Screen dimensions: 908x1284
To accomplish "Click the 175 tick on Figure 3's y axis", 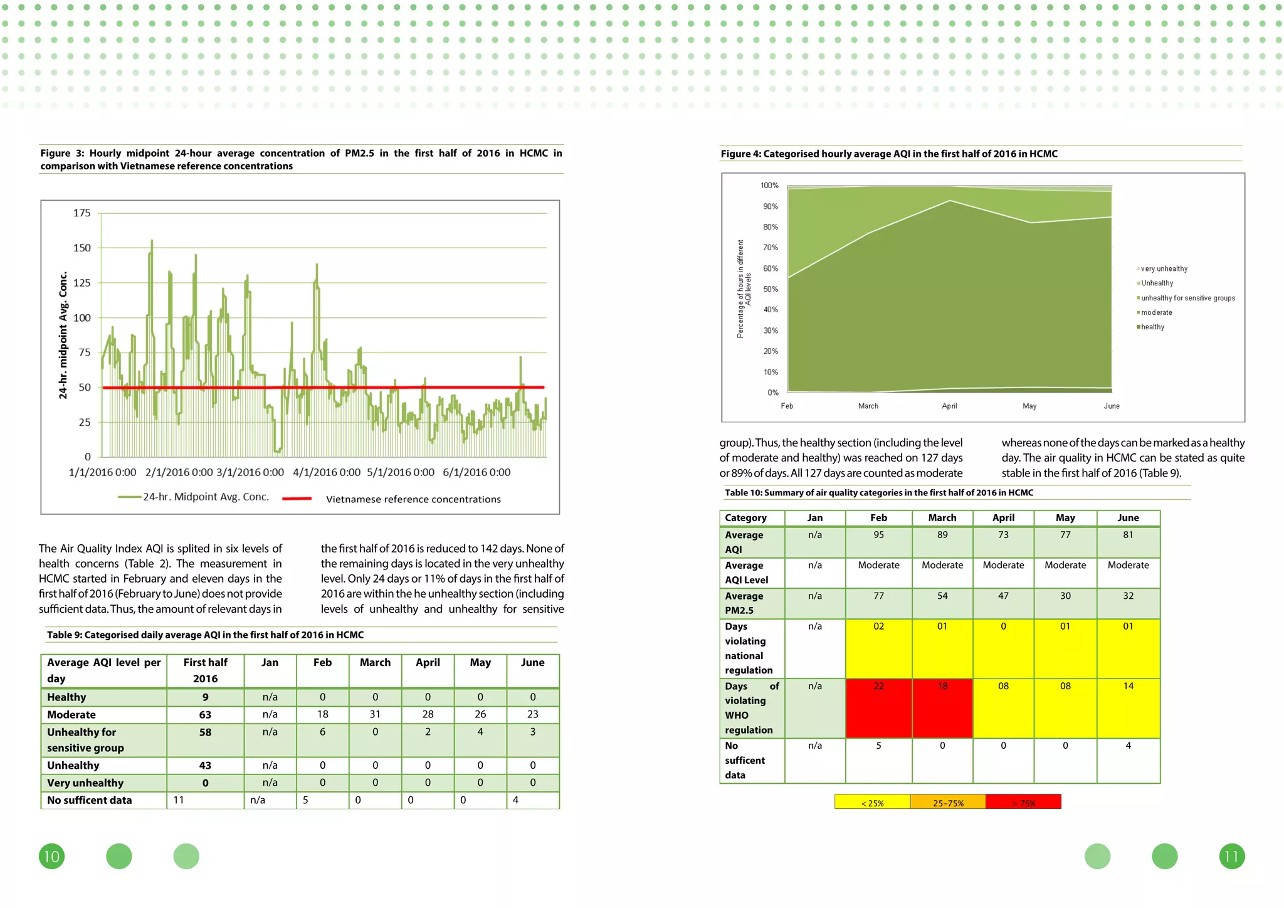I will point(82,213).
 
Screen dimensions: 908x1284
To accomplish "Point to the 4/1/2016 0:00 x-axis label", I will point(326,472).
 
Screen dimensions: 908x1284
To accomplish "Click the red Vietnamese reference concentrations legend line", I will point(297,499).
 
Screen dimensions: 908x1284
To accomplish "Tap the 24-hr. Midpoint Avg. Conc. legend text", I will point(206,497).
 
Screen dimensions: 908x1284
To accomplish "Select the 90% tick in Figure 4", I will point(770,206).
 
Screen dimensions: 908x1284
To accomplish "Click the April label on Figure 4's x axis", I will point(949,406).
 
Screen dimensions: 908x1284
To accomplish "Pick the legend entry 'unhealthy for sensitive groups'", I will point(1187,298).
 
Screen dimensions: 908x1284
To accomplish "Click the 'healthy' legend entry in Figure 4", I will point(1152,327).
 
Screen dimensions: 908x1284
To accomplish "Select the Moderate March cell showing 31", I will point(375,714).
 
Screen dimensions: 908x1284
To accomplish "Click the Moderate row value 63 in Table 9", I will point(205,714).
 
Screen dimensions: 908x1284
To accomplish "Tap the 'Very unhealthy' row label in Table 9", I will point(85,783).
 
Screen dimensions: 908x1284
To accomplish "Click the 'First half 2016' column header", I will point(205,670).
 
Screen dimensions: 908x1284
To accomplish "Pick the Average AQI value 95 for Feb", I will point(878,535).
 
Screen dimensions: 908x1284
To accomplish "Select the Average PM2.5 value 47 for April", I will point(1003,596).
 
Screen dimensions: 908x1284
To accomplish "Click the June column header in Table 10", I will point(1128,518).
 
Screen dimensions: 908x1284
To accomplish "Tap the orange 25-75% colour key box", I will point(947,803).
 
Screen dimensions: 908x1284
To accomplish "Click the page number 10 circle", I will point(51,857).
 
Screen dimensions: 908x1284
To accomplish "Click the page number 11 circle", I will point(1231,857).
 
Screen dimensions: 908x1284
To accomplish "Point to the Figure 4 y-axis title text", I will point(744,289).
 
